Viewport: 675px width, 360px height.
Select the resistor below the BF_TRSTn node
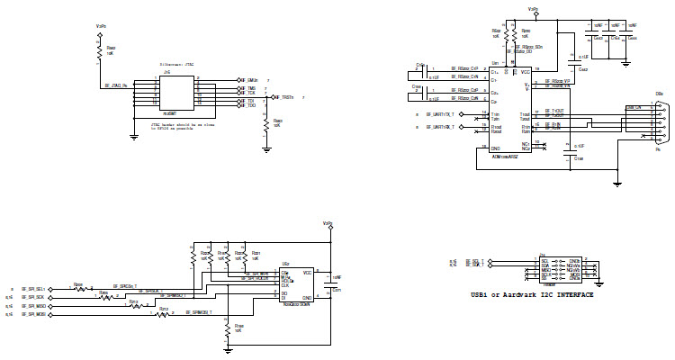[265, 126]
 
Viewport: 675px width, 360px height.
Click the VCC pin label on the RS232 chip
[525, 72]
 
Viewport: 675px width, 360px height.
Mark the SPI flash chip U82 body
[296, 286]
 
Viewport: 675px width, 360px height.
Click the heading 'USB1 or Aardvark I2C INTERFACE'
[532, 294]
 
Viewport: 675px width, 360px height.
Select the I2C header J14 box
[560, 267]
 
